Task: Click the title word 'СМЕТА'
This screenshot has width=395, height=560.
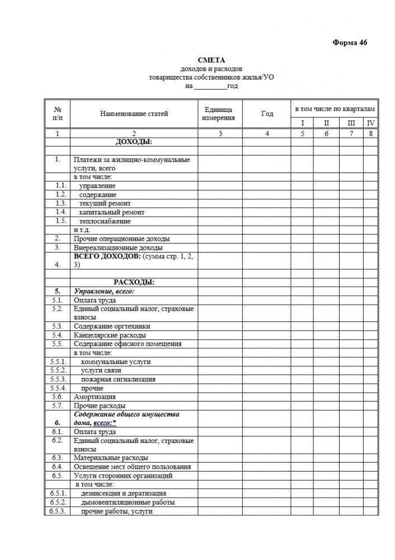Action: [211, 60]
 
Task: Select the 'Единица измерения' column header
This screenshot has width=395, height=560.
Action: [219, 114]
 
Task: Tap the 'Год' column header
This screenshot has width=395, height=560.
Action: [267, 114]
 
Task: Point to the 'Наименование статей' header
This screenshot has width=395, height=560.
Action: [134, 114]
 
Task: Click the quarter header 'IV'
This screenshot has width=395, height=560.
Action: [370, 123]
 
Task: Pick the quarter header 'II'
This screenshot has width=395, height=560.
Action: [326, 123]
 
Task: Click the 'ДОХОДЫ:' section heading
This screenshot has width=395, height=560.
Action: [134, 142]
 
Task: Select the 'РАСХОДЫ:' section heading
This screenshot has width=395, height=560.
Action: [134, 282]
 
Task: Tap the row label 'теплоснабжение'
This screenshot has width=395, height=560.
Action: [105, 221]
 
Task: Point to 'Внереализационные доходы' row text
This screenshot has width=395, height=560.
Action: [118, 247]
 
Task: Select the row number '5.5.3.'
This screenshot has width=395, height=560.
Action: [58, 379]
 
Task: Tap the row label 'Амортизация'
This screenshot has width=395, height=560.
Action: [95, 396]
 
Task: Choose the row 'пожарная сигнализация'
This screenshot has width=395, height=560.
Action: [118, 379]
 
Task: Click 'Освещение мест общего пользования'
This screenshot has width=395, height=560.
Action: [132, 466]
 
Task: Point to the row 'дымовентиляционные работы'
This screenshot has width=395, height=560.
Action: [128, 502]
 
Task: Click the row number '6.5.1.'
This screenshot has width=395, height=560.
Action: [58, 493]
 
